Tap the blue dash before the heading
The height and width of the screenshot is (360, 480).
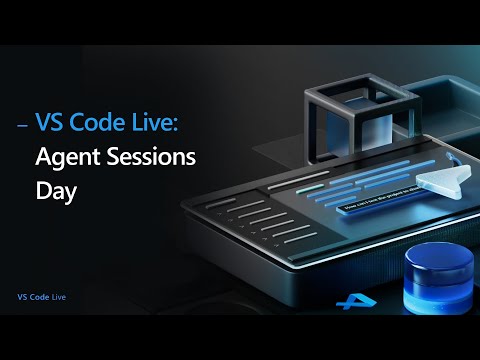23,126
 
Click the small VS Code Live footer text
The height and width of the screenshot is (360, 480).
42,297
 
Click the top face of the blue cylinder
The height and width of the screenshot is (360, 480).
441,258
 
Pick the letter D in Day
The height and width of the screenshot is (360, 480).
43,187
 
